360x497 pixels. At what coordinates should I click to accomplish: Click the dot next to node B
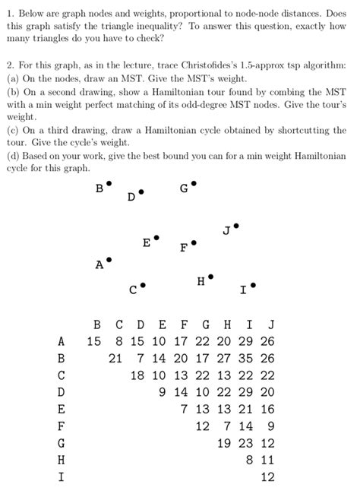[x=109, y=183]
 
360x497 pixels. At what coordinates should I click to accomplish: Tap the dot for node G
[x=194, y=183]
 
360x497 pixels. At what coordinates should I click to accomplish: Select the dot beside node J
[x=236, y=225]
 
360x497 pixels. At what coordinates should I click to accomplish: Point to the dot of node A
[x=109, y=260]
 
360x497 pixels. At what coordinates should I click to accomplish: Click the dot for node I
[x=253, y=285]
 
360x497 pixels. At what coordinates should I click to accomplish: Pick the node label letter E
[x=147, y=242]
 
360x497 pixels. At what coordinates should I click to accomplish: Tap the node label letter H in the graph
[x=201, y=282]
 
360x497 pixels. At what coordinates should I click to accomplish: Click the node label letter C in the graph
[x=133, y=290]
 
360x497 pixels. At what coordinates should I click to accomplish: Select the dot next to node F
[x=194, y=243]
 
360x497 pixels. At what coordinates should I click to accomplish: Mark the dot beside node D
[x=141, y=191]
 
